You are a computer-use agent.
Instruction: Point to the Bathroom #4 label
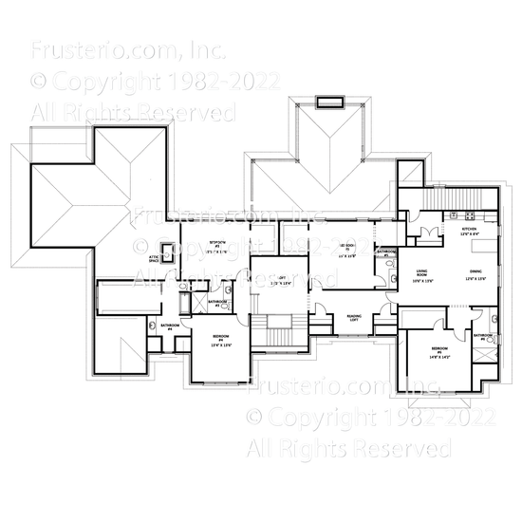click(x=172, y=326)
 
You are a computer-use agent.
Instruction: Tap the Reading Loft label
click(x=354, y=318)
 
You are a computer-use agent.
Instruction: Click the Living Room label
click(x=424, y=276)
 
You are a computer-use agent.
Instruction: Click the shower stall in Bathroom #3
click(x=228, y=290)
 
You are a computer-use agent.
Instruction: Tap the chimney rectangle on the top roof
click(x=329, y=102)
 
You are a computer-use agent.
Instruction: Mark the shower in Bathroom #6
click(x=486, y=355)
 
